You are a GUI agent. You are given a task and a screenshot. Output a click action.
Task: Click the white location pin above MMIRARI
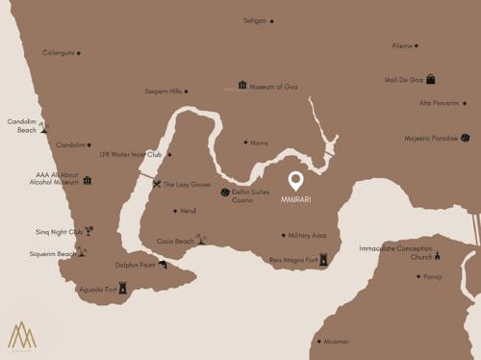tap(296, 181)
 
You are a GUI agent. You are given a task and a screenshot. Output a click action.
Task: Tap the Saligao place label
tap(255, 20)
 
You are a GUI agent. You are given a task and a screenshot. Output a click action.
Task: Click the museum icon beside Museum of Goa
tap(242, 86)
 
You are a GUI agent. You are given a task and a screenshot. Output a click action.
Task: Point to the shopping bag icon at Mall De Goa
tap(431, 79)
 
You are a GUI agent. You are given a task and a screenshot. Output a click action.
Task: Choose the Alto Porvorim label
tap(439, 103)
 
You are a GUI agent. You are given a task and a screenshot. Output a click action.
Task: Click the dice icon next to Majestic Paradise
tap(465, 138)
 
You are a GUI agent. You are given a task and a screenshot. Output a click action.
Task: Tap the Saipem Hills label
tap(163, 92)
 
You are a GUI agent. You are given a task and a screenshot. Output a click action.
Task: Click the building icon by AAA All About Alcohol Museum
tap(88, 180)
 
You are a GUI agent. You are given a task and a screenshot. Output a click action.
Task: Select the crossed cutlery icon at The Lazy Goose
tap(157, 184)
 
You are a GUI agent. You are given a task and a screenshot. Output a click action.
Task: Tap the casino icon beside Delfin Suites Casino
tap(224, 193)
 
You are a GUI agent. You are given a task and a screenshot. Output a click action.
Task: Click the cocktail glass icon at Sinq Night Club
tap(89, 230)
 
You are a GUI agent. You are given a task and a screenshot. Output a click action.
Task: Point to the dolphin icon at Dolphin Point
tap(163, 265)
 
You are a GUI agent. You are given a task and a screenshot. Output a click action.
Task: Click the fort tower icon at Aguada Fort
tap(122, 287)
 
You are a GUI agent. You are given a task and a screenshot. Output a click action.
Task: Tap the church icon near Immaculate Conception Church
tap(436, 255)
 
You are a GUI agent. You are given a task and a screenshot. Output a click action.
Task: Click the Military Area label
tap(307, 235)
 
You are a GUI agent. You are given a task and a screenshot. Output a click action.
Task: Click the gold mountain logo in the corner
tap(22, 335)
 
